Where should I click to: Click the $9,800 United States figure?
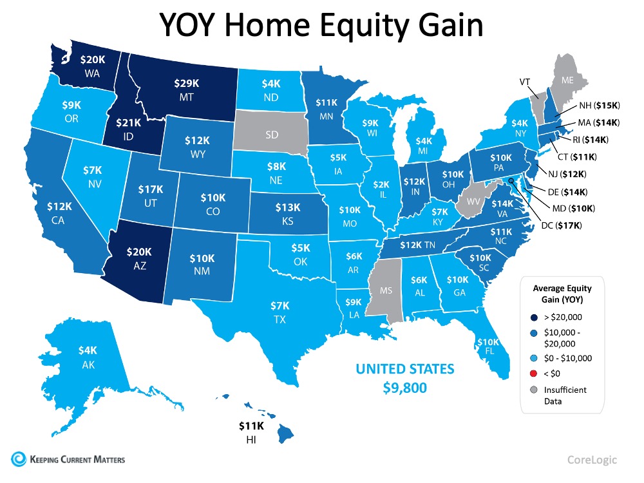[x=406, y=388]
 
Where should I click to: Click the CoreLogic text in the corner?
[x=592, y=460]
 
